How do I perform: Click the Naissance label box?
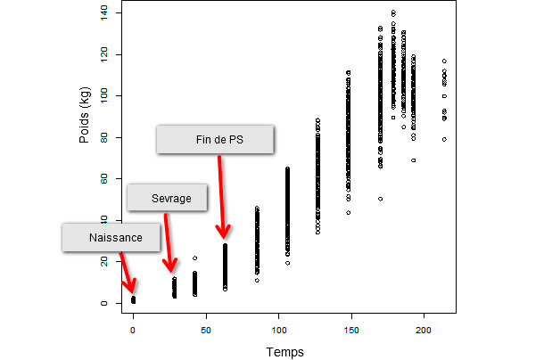coord(113,238)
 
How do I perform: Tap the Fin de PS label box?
coord(214,139)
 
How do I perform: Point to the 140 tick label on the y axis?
coord(105,12)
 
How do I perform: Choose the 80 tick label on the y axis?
coord(105,137)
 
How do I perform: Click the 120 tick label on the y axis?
coord(105,53)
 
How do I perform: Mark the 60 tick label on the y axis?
coord(105,178)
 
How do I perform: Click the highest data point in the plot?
coord(393,12)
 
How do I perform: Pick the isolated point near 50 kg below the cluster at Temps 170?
coord(380,199)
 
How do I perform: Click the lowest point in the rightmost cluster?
coord(444,139)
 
